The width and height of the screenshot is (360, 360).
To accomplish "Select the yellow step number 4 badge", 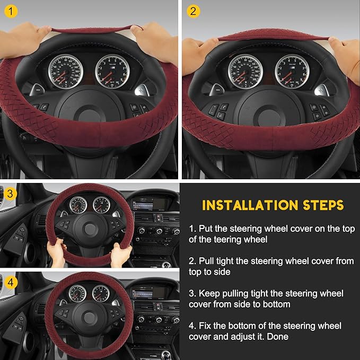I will (x=10, y=283).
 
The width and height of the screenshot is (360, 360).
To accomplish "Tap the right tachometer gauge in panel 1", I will (x=112, y=71).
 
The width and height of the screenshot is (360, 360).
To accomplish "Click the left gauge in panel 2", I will (x=245, y=71).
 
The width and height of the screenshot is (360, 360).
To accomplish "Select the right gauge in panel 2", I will (x=292, y=71).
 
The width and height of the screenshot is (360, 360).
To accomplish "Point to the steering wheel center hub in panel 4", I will (x=89, y=317).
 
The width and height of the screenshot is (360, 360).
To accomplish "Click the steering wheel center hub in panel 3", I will (x=89, y=229).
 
